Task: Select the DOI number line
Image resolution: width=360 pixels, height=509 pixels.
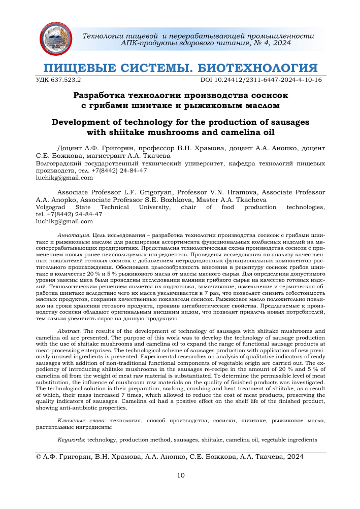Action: point(261,80)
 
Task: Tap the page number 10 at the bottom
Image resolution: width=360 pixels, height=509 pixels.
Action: point(180,476)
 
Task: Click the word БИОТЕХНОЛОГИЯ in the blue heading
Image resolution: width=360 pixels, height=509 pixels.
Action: point(257,68)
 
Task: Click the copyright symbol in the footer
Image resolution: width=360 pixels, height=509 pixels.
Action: point(39,456)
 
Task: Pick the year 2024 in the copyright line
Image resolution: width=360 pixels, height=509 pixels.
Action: point(295,456)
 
